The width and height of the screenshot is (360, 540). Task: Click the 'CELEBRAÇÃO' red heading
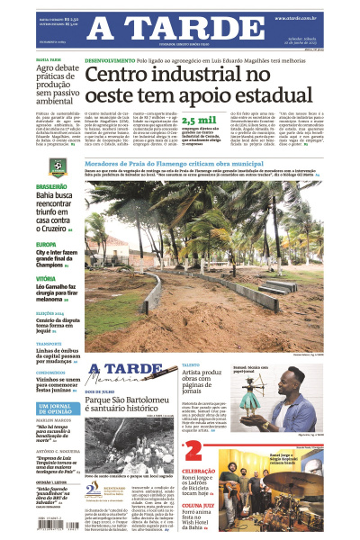click(199, 471)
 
